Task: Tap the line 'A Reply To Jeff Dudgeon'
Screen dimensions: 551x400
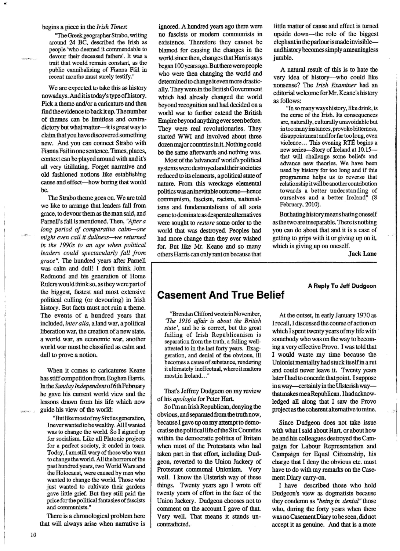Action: [x=342, y=286]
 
